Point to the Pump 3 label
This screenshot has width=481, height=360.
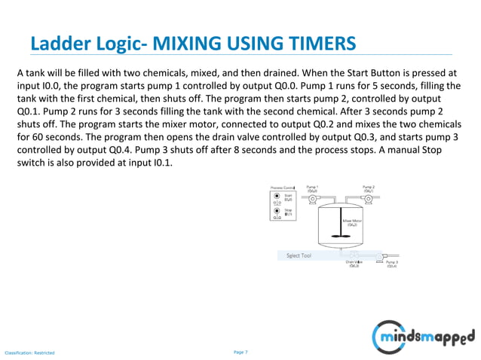(392, 264)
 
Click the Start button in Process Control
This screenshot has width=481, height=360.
(277, 195)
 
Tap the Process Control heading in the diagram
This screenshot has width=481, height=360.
(283, 186)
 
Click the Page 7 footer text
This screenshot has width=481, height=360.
(240, 352)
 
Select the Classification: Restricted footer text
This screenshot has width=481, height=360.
(30, 352)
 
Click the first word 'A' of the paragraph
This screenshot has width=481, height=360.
(20, 72)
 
